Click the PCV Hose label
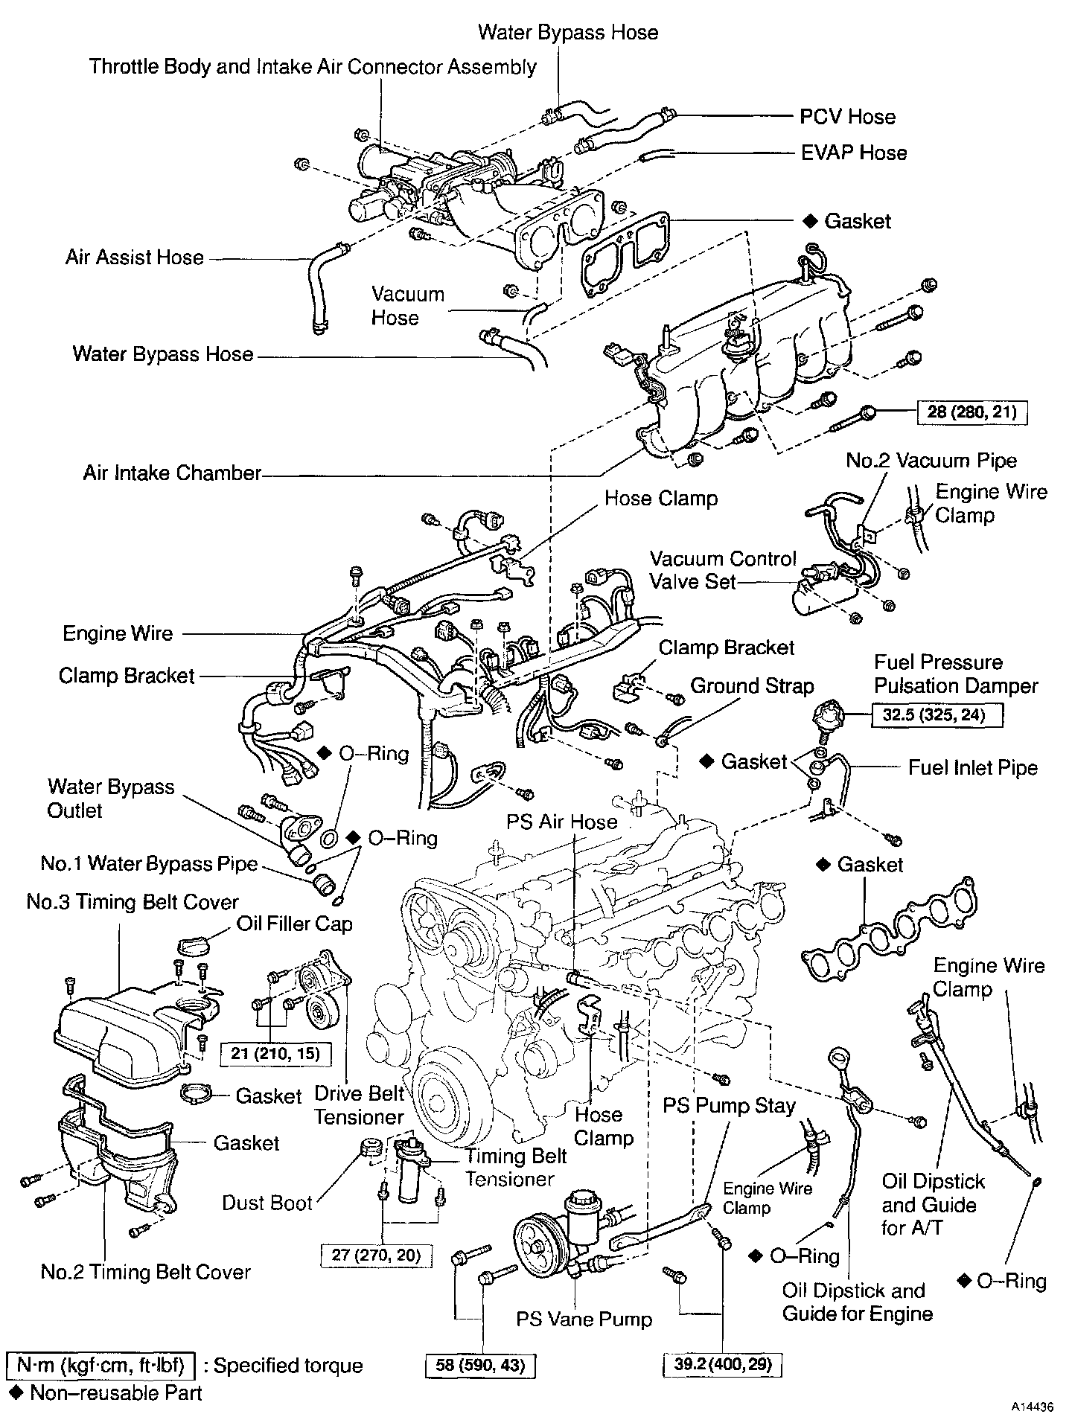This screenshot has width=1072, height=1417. [x=847, y=117]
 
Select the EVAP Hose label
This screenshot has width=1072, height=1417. [x=853, y=153]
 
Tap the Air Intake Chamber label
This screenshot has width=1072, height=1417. [x=172, y=473]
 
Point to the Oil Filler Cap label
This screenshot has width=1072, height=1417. [x=294, y=924]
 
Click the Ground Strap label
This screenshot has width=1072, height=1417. [x=752, y=686]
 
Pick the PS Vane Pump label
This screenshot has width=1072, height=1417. [x=584, y=1320]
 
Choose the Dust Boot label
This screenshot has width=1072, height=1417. [x=267, y=1203]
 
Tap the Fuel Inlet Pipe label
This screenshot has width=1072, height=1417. [x=972, y=767]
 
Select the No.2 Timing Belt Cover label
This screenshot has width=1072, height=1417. [x=146, y=1272]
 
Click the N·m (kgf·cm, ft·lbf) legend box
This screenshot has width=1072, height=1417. [x=100, y=1365]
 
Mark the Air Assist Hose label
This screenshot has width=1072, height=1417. [x=134, y=258]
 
